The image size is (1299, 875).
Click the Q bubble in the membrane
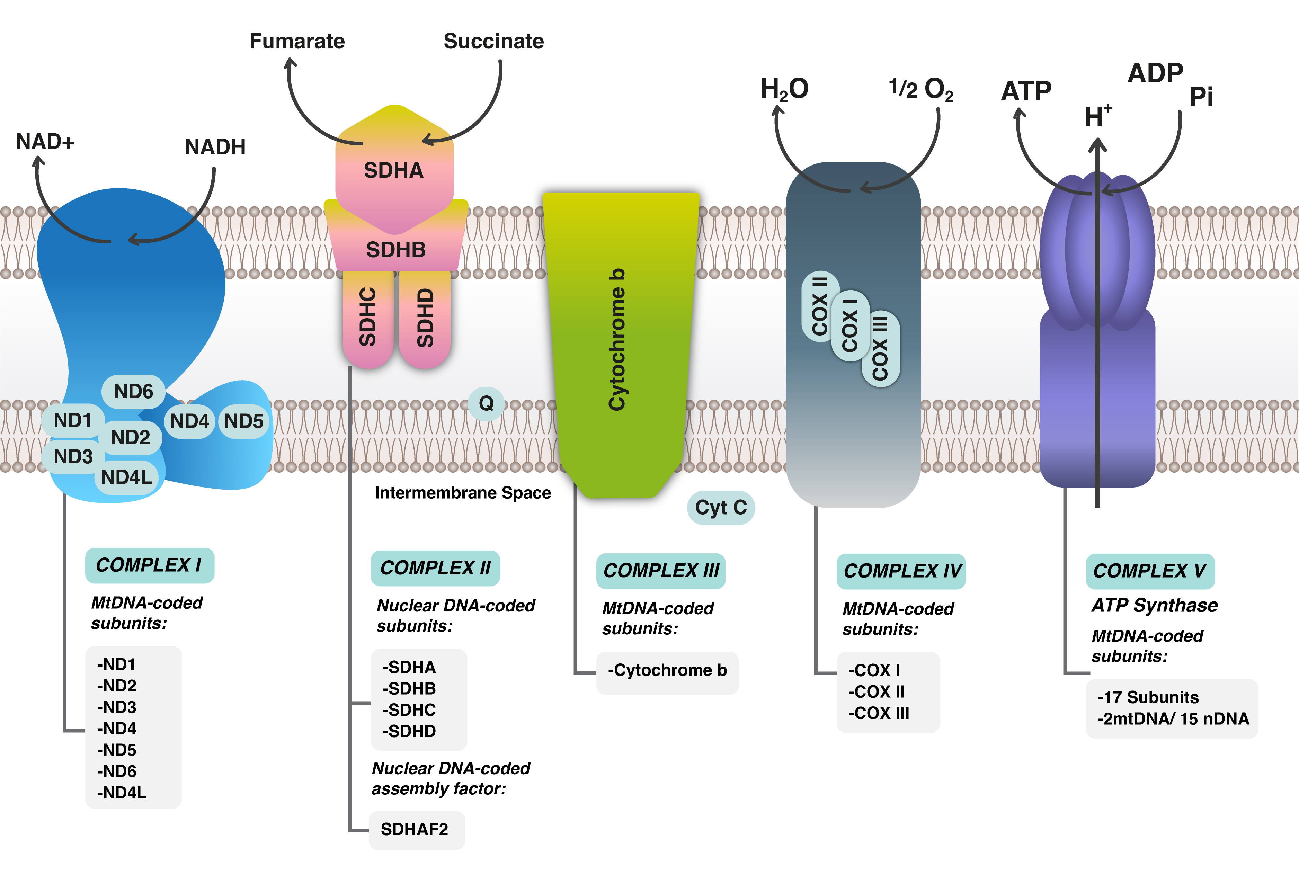486,403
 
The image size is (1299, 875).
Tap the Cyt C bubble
720,507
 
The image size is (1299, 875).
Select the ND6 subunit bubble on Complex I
133,391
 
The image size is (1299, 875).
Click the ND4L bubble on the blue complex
127,477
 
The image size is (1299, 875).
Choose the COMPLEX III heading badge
661,570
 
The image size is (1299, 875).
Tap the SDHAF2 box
415,829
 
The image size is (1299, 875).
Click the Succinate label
493,41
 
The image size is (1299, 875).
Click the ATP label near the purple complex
1025,91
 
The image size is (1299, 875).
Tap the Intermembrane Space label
463,493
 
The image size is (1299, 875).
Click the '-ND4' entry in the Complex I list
117,728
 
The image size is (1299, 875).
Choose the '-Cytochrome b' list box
667,670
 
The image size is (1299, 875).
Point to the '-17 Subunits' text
1148,697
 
